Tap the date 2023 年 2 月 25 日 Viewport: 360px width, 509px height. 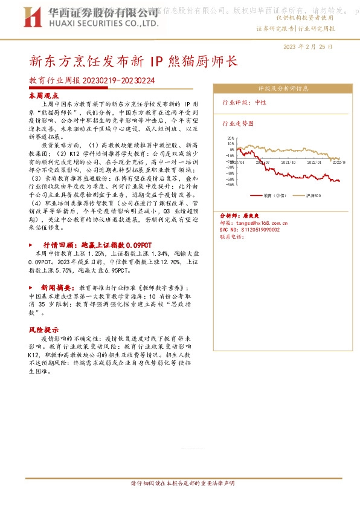coord(307,47)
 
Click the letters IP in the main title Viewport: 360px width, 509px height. coord(156,61)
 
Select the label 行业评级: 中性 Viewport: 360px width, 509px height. coord(245,103)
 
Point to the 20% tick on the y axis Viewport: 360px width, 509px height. coord(231,138)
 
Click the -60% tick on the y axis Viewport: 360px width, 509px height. coord(230,185)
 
